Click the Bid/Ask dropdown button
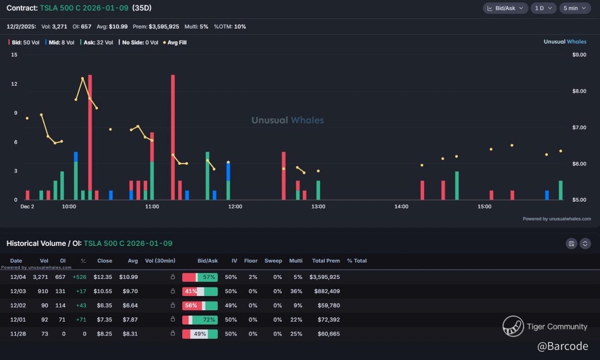505,8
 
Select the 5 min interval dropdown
575,8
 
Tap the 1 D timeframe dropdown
543,8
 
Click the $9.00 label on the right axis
579,55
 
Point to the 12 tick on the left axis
14,84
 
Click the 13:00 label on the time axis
318,207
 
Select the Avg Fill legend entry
175,42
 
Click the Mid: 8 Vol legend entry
60,42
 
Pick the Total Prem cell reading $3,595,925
324,277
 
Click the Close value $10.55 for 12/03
103,292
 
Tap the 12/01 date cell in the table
18,320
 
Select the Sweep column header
273,261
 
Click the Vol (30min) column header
160,261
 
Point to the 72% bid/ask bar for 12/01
200,320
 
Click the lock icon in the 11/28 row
173,333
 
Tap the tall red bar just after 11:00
173,137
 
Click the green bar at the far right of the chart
561,190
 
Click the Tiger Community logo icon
513,326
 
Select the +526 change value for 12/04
79,277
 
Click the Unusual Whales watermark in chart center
287,120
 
